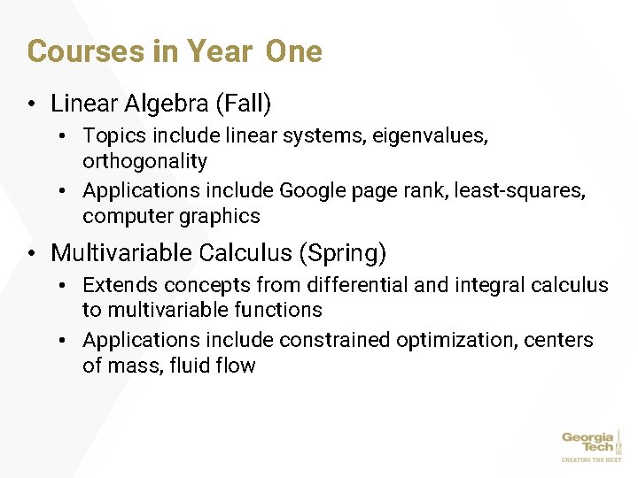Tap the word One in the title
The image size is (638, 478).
pyautogui.click(x=293, y=51)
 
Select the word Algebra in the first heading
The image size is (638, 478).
pyautogui.click(x=167, y=104)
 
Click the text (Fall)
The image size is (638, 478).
pyautogui.click(x=243, y=104)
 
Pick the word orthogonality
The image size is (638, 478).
pyautogui.click(x=144, y=161)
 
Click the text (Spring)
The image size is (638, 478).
pyautogui.click(x=343, y=253)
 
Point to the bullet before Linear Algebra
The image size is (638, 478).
pyautogui.click(x=31, y=104)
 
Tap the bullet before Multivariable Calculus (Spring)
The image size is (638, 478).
pyautogui.click(x=31, y=254)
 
